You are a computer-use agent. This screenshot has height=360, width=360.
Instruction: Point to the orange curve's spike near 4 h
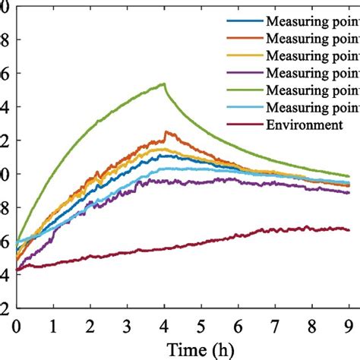[x=167, y=132]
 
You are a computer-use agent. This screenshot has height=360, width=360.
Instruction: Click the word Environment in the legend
[x=304, y=125]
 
